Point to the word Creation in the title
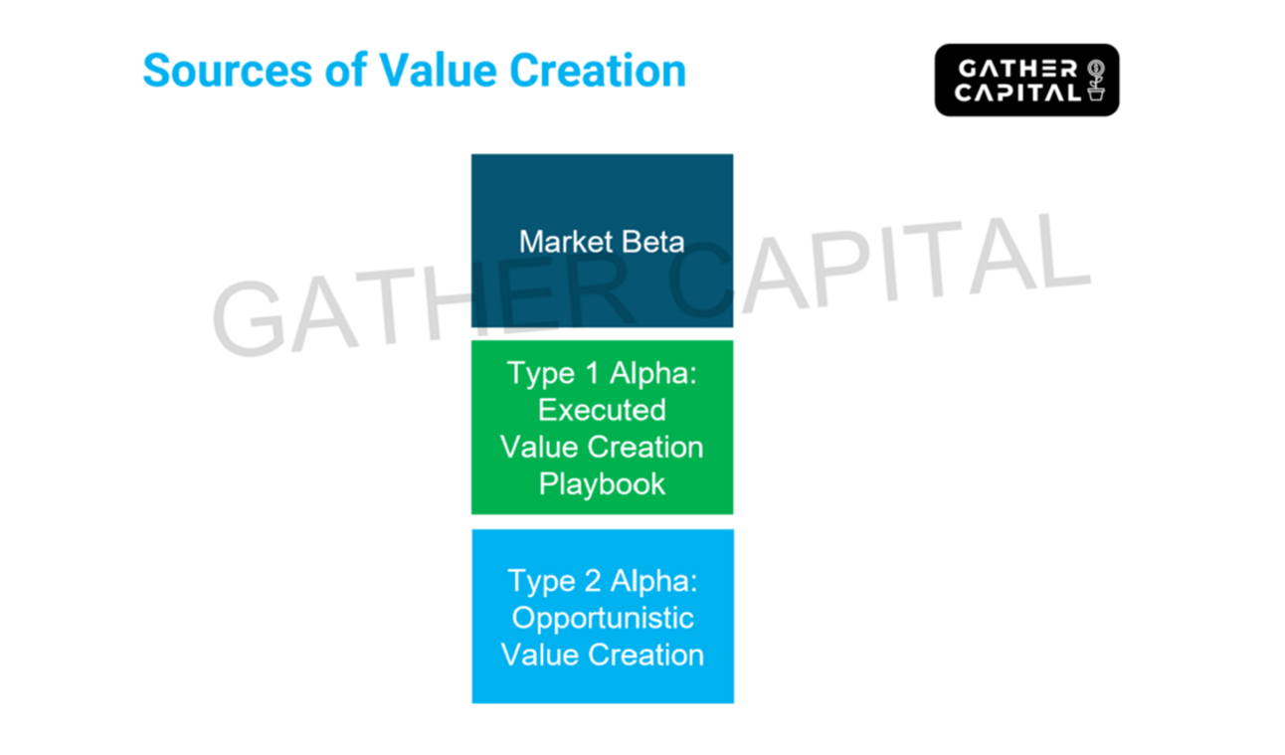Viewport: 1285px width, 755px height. (x=598, y=71)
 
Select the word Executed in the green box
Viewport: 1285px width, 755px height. (x=602, y=410)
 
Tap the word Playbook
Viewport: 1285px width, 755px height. (x=602, y=484)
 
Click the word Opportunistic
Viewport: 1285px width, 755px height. (x=602, y=618)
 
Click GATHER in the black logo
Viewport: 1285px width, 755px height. (x=1016, y=70)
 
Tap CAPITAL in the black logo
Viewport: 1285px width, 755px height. (x=1016, y=93)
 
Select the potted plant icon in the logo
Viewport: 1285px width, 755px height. (x=1096, y=81)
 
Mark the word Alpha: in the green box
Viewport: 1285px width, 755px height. (x=653, y=373)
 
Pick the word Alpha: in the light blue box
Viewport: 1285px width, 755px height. (x=653, y=581)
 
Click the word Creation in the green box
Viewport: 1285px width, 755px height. (x=649, y=448)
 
